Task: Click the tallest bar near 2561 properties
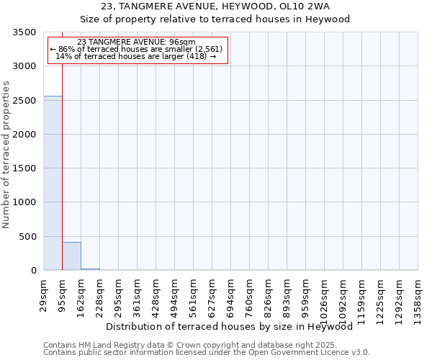coord(53,183)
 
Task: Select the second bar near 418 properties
coord(71,256)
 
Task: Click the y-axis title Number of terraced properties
coord(6,154)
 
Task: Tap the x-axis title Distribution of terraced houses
coord(234,327)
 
